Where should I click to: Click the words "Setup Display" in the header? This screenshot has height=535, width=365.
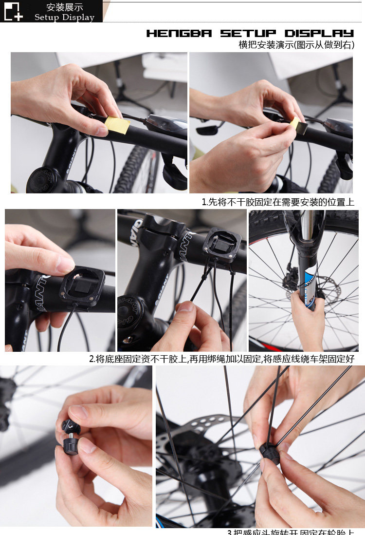[64, 18]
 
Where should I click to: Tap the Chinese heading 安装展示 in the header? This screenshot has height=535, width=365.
[64, 7]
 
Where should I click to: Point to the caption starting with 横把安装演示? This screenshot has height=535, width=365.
[296, 45]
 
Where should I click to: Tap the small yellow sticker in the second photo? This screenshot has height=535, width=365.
[295, 125]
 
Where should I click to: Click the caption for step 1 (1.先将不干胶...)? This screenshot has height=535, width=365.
[278, 202]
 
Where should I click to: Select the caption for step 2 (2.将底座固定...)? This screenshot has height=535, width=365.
[221, 359]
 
